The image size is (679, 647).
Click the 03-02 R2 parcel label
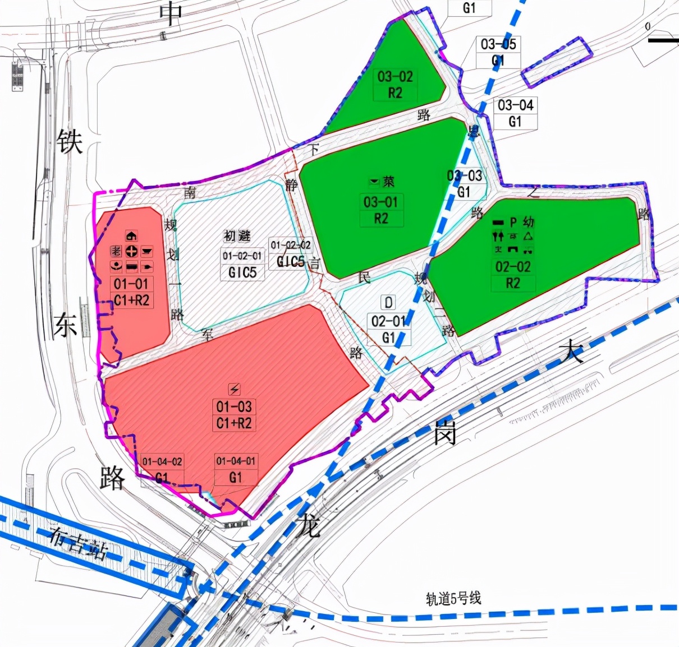(x=395, y=85)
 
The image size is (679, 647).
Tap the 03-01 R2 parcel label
(x=380, y=210)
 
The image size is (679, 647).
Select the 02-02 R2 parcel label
(x=513, y=275)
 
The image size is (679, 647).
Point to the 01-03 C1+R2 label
(x=234, y=415)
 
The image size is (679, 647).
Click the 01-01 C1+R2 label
(x=131, y=292)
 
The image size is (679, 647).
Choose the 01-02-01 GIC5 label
(x=242, y=264)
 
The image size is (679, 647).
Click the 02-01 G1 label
(x=388, y=329)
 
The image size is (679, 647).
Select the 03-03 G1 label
(x=465, y=184)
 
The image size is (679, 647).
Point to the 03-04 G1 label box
(x=515, y=113)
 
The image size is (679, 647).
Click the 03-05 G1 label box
(x=498, y=52)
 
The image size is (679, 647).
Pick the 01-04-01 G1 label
(x=236, y=469)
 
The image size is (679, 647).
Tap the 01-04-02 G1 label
(x=162, y=469)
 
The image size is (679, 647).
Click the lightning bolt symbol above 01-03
(x=235, y=389)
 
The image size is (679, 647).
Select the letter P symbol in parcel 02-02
(x=513, y=223)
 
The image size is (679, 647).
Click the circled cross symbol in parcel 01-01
(x=131, y=251)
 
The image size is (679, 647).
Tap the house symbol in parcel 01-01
(x=131, y=236)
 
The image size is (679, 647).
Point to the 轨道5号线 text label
(x=453, y=599)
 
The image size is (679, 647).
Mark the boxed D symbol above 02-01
(x=388, y=303)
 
